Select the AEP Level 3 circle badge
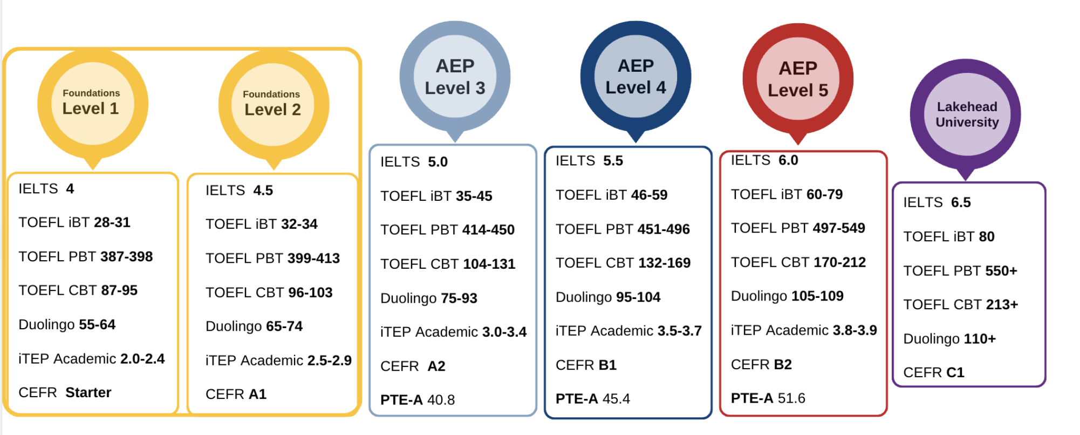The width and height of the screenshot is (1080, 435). (455, 77)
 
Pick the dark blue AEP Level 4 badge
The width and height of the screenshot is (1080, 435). (635, 76)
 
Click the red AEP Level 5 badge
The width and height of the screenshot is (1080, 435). (798, 79)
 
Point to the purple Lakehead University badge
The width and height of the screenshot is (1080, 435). (966, 114)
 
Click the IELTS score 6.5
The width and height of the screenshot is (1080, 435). (961, 202)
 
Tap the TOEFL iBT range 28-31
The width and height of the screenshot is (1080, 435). (112, 222)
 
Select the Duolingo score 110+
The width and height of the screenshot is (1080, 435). (980, 339)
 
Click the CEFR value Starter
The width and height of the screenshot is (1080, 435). (88, 392)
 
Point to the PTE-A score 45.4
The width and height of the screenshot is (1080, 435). (616, 399)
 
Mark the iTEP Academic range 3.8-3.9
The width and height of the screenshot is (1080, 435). (855, 330)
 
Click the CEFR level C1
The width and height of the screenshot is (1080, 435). (955, 372)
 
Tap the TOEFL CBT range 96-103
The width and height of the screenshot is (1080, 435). (310, 293)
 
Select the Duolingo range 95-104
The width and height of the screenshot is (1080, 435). (638, 297)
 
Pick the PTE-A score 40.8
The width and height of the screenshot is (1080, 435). (441, 400)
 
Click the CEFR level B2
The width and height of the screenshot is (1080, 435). (783, 364)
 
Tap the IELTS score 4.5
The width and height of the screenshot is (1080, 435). (263, 191)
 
